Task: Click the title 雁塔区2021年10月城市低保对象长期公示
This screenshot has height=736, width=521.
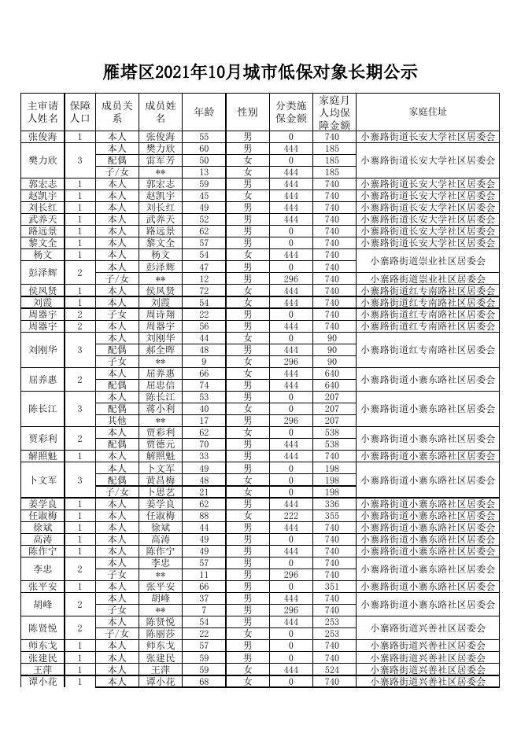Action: point(260,73)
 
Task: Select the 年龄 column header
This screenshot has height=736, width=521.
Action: point(204,112)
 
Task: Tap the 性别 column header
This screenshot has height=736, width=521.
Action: point(247,112)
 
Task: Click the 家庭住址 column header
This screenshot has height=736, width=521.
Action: point(428,112)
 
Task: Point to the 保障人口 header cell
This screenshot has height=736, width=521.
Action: point(80,112)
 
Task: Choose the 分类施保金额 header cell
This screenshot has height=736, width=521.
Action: point(290,112)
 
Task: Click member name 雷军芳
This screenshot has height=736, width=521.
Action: point(161,160)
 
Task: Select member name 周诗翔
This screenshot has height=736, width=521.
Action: point(161,314)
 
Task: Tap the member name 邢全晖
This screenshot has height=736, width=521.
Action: point(161,349)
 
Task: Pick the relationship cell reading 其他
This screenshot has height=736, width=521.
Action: point(116,421)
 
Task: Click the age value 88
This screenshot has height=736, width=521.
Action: point(204,515)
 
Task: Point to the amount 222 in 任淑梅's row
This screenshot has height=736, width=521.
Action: point(290,515)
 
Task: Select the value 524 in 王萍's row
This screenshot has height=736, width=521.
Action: point(331,669)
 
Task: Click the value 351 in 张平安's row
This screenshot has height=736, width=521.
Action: point(331,586)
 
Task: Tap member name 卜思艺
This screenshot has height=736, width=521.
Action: point(161,491)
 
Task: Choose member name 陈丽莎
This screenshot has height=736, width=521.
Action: point(161,633)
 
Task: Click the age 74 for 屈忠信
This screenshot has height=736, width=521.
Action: point(204,385)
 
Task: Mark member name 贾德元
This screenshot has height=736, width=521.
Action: point(161,444)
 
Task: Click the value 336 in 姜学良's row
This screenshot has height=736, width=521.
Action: point(331,503)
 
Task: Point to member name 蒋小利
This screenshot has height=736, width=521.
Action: point(161,409)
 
